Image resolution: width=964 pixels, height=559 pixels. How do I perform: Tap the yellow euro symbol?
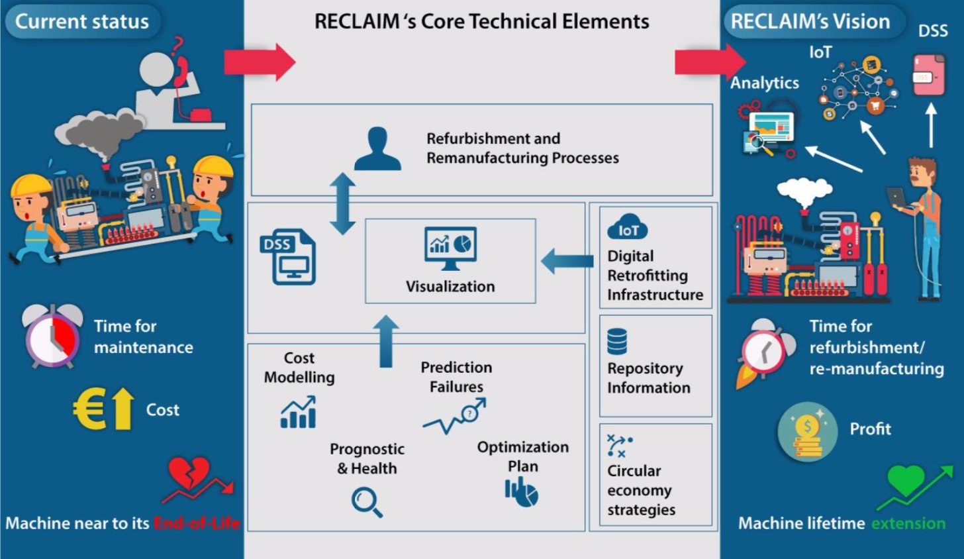[89, 410]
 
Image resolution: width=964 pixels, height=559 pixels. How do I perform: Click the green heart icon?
[905, 479]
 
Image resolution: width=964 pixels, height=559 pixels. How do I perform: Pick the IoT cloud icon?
[627, 228]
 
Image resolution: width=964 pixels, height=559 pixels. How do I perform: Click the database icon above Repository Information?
[616, 342]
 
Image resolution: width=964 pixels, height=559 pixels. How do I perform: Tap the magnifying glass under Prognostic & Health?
[367, 501]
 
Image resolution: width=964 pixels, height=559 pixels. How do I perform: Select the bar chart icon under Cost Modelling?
[298, 413]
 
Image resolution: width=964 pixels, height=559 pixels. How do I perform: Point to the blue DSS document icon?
[289, 257]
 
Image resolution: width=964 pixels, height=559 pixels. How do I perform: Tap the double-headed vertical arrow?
[342, 204]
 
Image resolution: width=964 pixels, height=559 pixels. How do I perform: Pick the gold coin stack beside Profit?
[807, 433]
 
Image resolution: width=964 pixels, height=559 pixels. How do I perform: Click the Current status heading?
[82, 21]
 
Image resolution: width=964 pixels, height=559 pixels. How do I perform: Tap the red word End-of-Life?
[197, 523]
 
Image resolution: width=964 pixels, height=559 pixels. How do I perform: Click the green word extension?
[908, 523]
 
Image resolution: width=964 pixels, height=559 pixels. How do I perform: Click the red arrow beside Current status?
[259, 62]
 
